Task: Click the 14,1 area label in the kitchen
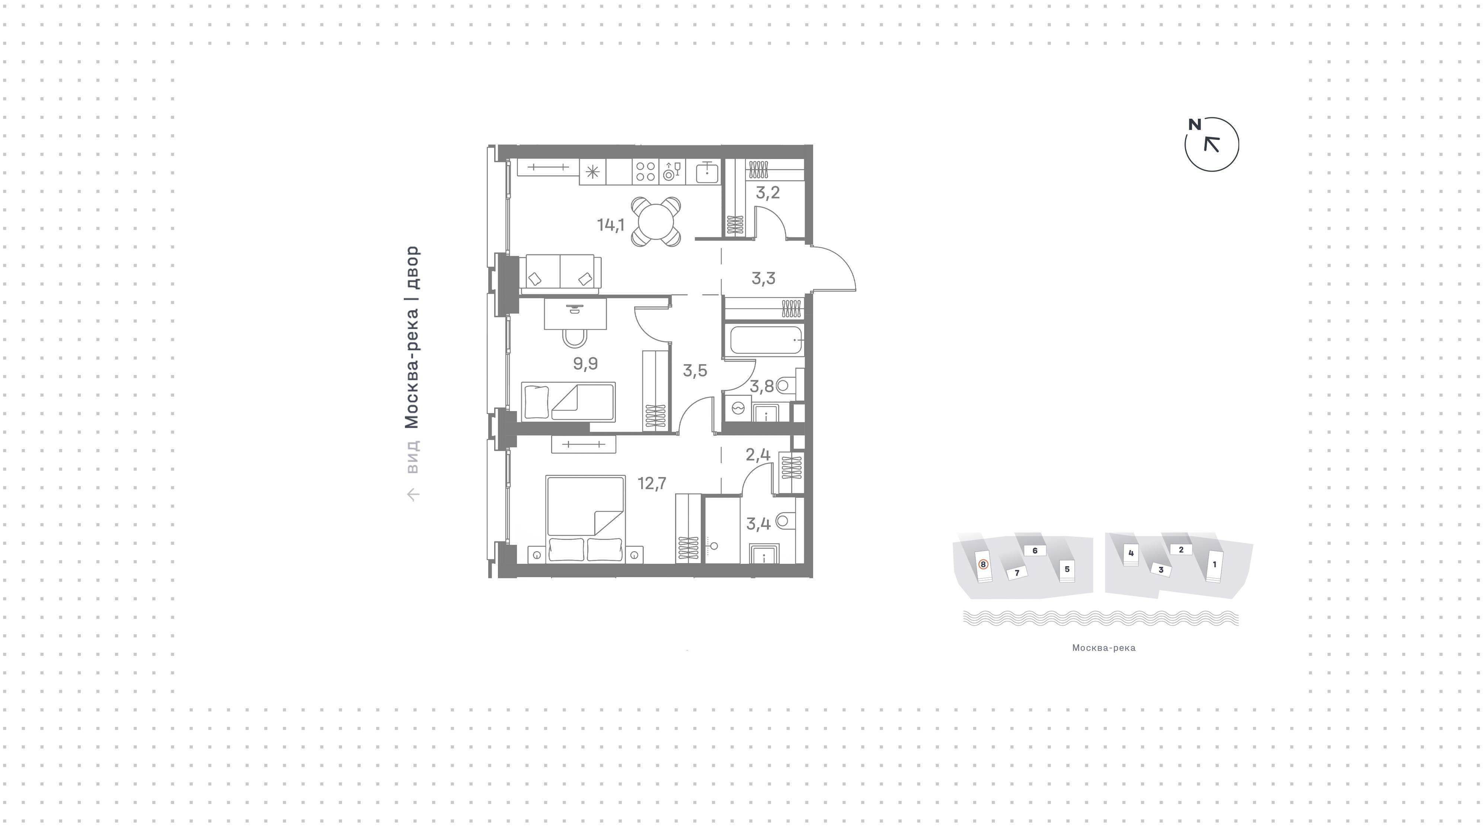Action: click(x=610, y=225)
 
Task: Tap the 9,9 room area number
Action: click(x=585, y=363)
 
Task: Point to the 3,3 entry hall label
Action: click(x=763, y=279)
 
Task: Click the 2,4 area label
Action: click(x=758, y=455)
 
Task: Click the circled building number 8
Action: click(x=983, y=564)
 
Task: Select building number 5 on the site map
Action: click(x=1067, y=569)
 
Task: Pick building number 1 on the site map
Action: click(x=1215, y=564)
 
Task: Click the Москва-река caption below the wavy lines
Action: click(x=1104, y=648)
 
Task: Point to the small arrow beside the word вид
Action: click(x=413, y=494)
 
